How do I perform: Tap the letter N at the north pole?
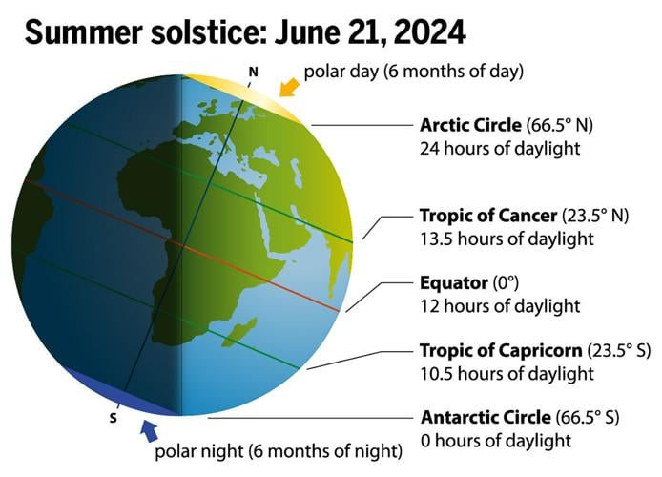tap(253, 72)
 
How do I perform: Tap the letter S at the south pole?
tap(114, 417)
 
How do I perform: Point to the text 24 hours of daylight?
tap(500, 149)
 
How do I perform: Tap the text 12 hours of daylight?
tap(500, 306)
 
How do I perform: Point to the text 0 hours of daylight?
tap(496, 441)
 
